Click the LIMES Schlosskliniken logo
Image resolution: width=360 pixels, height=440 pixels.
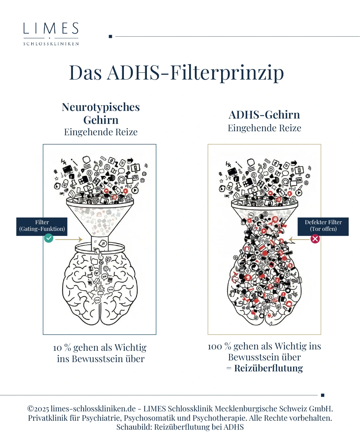(x=51, y=34)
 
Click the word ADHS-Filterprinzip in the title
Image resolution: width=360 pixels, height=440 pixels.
(x=195, y=73)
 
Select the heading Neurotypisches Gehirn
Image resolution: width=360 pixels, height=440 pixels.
(x=101, y=113)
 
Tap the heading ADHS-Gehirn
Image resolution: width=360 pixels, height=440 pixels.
(x=264, y=115)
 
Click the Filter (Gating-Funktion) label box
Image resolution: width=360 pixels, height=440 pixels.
(x=42, y=226)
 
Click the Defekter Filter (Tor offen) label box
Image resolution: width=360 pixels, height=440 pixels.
(x=323, y=226)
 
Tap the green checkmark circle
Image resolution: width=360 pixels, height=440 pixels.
(x=49, y=238)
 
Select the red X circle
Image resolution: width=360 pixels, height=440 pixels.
(x=315, y=239)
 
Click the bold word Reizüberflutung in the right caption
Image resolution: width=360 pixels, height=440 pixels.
(x=268, y=368)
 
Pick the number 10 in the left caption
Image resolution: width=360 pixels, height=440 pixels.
(x=57, y=348)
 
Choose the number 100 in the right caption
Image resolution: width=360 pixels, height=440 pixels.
(x=215, y=347)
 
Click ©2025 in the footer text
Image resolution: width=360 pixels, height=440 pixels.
(x=38, y=409)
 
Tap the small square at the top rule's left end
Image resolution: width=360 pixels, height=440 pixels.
(x=110, y=36)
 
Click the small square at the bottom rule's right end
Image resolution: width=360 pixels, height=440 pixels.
(x=322, y=395)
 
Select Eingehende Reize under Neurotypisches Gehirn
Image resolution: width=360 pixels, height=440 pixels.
(x=101, y=132)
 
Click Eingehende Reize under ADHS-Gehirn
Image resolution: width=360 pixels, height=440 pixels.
(x=264, y=128)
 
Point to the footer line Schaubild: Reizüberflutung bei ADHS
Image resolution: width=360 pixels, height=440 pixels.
(x=180, y=427)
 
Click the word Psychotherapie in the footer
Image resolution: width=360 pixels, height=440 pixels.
(x=220, y=418)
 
